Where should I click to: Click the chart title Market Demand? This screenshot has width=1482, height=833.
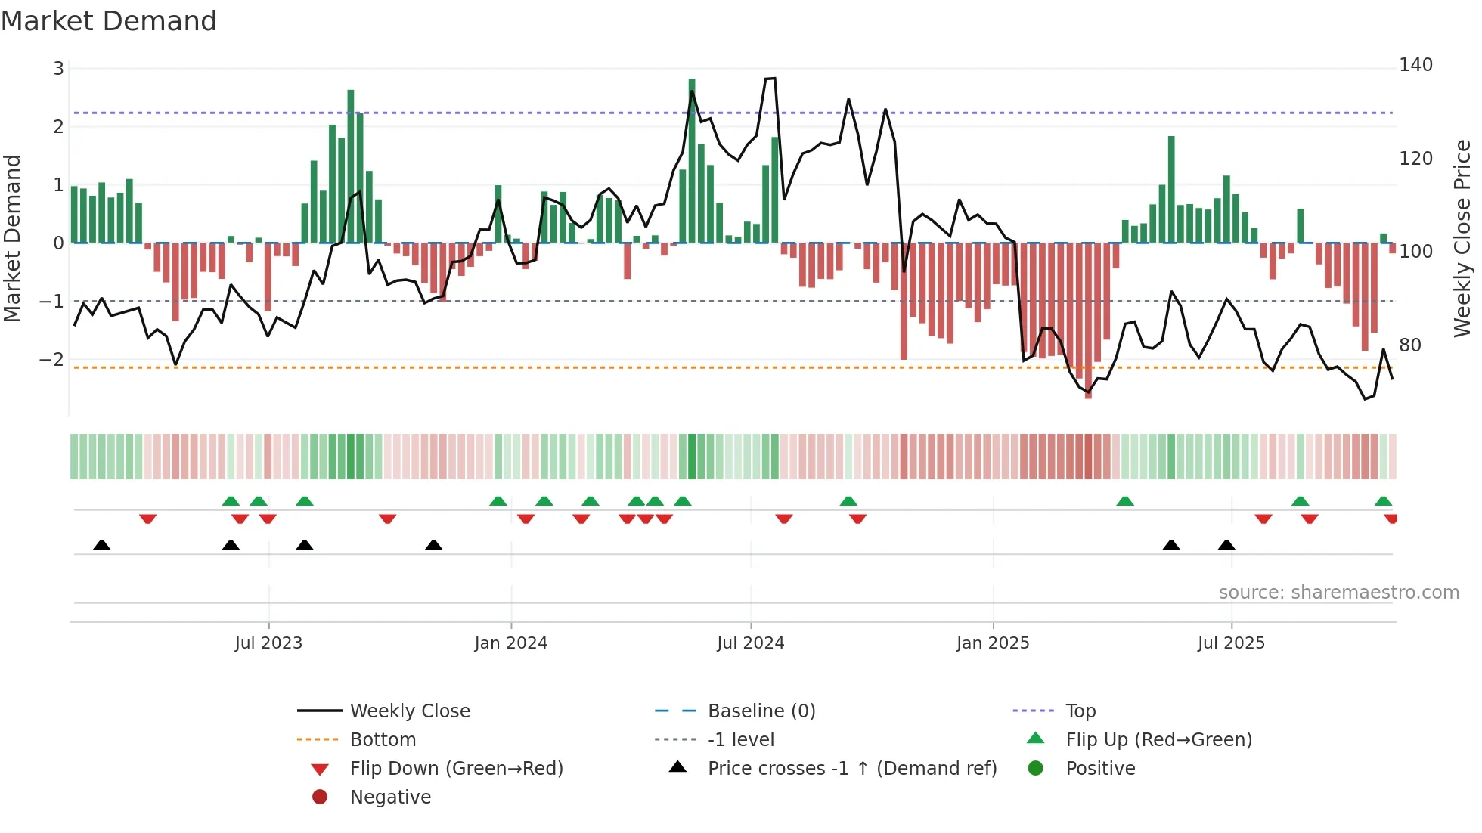[109, 21]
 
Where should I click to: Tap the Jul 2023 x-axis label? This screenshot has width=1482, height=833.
[268, 643]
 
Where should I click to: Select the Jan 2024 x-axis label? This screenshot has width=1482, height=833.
[510, 643]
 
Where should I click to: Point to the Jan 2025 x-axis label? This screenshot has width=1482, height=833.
[992, 643]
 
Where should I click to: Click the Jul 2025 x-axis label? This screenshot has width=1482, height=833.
[1231, 643]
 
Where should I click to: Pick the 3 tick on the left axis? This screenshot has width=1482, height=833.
[58, 69]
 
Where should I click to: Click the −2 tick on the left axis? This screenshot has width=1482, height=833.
[51, 360]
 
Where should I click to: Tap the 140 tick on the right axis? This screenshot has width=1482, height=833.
[1415, 65]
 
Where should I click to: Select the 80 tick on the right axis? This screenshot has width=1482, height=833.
[1410, 345]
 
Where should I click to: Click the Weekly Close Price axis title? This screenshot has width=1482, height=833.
[1462, 238]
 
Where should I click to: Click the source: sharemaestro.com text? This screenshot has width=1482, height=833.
[1338, 593]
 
